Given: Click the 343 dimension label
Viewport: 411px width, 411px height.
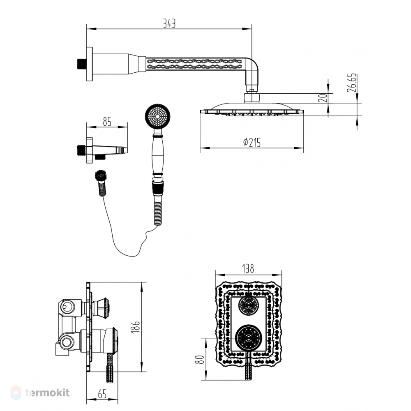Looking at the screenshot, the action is [169, 23].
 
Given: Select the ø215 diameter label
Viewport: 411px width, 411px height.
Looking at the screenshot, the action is [252, 143].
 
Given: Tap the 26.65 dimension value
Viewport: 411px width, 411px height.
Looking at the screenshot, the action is [352, 83].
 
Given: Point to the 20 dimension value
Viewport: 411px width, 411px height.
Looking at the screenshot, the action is [323, 98].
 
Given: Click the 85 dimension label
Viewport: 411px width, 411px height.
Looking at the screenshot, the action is [107, 122].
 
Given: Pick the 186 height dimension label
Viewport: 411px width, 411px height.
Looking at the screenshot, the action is [136, 327].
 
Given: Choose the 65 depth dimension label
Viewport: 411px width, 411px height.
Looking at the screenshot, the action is [102, 394].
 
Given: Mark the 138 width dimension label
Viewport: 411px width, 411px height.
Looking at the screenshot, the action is [248, 269].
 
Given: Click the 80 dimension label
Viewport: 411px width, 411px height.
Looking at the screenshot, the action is [200, 359].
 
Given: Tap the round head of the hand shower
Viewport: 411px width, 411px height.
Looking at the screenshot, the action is [157, 116].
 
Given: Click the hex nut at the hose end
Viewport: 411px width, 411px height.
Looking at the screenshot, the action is [100, 175].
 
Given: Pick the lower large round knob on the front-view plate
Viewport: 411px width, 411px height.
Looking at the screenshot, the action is [248, 338].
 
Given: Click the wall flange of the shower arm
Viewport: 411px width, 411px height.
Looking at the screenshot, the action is [89, 64].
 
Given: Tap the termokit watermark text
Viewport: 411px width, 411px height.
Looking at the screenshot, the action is [47, 393].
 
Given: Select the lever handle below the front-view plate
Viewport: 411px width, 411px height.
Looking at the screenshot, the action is [248, 366].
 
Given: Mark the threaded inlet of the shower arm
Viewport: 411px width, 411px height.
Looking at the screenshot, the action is [82, 64].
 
